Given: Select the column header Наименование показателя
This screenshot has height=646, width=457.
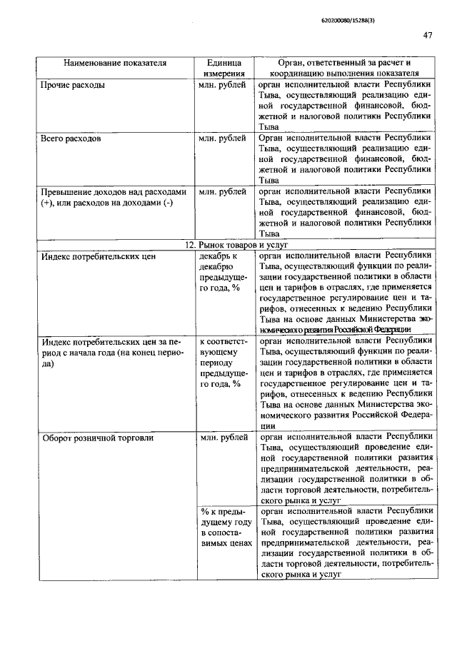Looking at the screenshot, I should [115, 63].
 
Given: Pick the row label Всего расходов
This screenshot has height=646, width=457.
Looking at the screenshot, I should [71, 138].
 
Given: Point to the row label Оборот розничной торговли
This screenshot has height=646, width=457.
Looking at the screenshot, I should [98, 438].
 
